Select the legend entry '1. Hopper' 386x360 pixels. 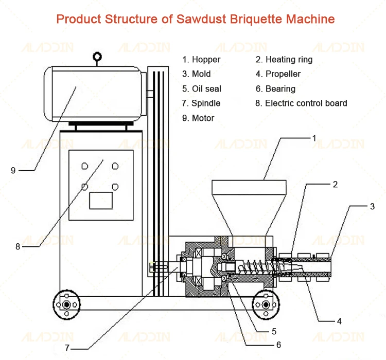click(x=201, y=60)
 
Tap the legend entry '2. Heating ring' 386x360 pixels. click(x=284, y=60)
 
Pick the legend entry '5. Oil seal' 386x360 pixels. click(x=201, y=89)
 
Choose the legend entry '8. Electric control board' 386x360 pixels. click(x=301, y=103)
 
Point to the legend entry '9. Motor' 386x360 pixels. click(x=198, y=118)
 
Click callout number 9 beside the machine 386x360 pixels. click(x=13, y=170)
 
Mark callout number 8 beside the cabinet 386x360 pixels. click(x=17, y=246)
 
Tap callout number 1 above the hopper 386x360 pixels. click(x=314, y=138)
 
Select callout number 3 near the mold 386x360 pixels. click(x=372, y=207)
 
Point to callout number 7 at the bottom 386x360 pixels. click(x=67, y=347)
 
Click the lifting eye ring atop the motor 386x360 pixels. click(x=96, y=57)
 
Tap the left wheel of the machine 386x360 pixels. click(x=66, y=304)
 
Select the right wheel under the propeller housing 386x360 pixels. click(x=266, y=304)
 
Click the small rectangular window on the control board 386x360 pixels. click(x=101, y=200)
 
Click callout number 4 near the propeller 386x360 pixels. click(x=339, y=321)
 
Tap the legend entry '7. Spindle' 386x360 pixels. click(x=201, y=103)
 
